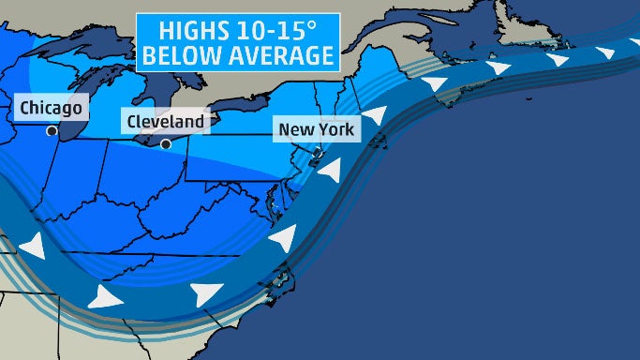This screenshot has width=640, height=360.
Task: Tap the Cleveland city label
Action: (x=164, y=122)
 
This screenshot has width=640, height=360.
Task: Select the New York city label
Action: (x=315, y=129)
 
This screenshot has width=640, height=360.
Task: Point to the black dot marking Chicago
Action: (x=50, y=132)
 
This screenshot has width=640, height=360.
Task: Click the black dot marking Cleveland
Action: (x=166, y=144)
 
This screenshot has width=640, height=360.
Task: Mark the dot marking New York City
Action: (x=317, y=151)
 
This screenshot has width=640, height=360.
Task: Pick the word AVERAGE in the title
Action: (x=279, y=55)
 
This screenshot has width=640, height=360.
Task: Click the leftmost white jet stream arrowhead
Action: (x=32, y=247)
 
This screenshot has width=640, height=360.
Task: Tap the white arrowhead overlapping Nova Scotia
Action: (x=435, y=85)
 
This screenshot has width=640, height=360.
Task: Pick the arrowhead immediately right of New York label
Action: (x=375, y=116)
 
